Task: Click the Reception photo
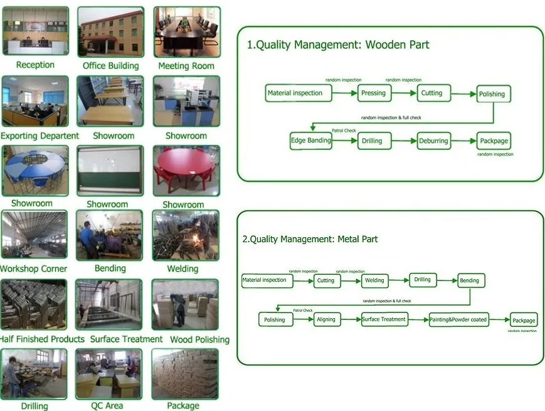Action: (35, 31)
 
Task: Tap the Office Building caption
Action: (111, 66)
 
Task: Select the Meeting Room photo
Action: (186, 31)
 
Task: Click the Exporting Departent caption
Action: (40, 136)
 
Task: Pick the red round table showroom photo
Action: (186, 171)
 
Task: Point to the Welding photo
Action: (186, 235)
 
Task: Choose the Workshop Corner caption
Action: (34, 269)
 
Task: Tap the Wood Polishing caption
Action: (191, 339)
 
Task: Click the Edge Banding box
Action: (310, 141)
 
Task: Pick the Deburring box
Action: (433, 141)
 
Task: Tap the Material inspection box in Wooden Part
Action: (295, 93)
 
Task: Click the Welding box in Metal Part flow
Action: (374, 280)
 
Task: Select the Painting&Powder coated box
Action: (458, 320)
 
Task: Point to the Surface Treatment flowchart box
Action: (384, 319)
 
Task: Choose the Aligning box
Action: (326, 319)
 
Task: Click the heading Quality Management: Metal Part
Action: (310, 239)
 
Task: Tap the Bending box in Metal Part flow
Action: (470, 280)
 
